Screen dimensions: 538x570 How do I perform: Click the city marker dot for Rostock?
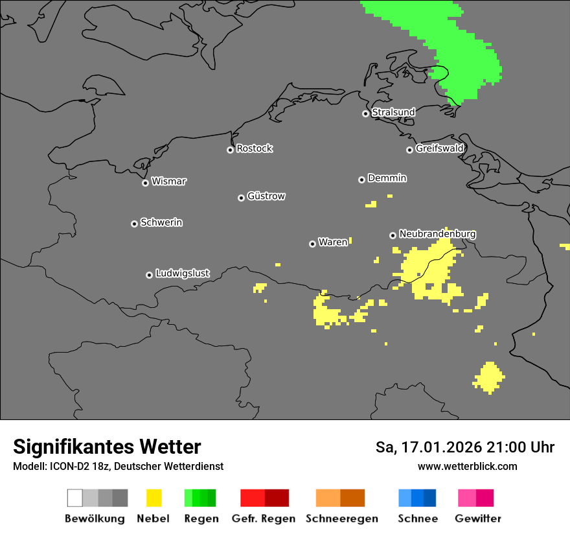(230, 150)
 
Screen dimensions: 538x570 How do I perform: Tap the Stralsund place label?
(393, 112)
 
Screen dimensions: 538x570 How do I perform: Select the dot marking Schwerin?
(134, 224)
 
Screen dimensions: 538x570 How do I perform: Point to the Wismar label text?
(168, 181)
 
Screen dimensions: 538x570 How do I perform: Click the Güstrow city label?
(266, 196)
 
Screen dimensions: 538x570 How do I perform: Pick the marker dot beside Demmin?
(361, 180)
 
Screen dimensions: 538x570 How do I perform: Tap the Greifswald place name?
(439, 148)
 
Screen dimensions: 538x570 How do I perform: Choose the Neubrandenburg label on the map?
(437, 233)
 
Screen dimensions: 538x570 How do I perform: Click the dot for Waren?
(312, 244)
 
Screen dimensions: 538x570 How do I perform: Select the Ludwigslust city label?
(182, 274)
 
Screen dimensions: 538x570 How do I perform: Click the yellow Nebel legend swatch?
(154, 498)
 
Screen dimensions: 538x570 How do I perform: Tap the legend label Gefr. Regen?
(263, 519)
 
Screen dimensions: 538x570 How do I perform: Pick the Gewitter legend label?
(478, 519)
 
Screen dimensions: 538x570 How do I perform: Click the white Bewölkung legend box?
(75, 498)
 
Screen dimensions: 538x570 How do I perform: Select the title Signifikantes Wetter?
(107, 447)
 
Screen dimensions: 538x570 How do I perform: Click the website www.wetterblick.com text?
(467, 466)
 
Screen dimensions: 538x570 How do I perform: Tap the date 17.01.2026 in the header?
(441, 447)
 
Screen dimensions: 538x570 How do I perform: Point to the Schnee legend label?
(417, 519)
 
